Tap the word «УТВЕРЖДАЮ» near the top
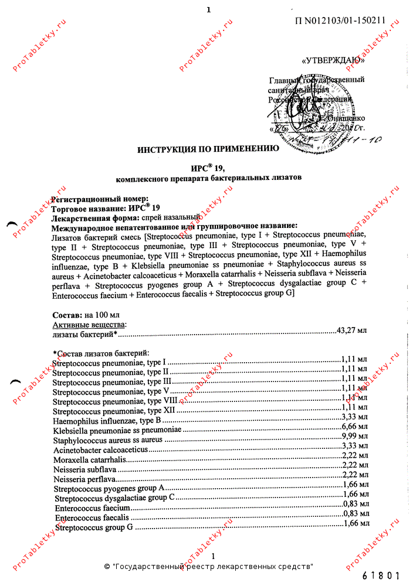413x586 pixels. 336,60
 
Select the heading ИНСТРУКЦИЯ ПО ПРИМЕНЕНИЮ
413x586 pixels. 208,149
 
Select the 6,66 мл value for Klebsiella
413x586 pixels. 355,427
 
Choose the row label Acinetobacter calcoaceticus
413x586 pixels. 100,449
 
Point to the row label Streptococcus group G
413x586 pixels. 94,527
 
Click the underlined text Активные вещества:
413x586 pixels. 89,325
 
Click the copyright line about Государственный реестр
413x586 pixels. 208,567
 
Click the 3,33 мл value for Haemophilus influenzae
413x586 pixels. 355,417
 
